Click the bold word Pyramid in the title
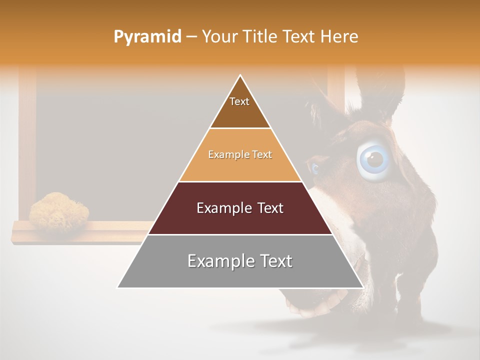(x=147, y=37)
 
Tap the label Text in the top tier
(x=239, y=101)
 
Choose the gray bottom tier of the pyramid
(x=240, y=275)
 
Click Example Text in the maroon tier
(x=240, y=208)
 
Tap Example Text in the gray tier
(x=240, y=261)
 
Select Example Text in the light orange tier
(x=240, y=154)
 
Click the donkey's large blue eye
(x=374, y=159)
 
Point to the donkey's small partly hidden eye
(x=314, y=168)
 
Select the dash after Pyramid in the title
(x=191, y=37)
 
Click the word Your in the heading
(x=220, y=37)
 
